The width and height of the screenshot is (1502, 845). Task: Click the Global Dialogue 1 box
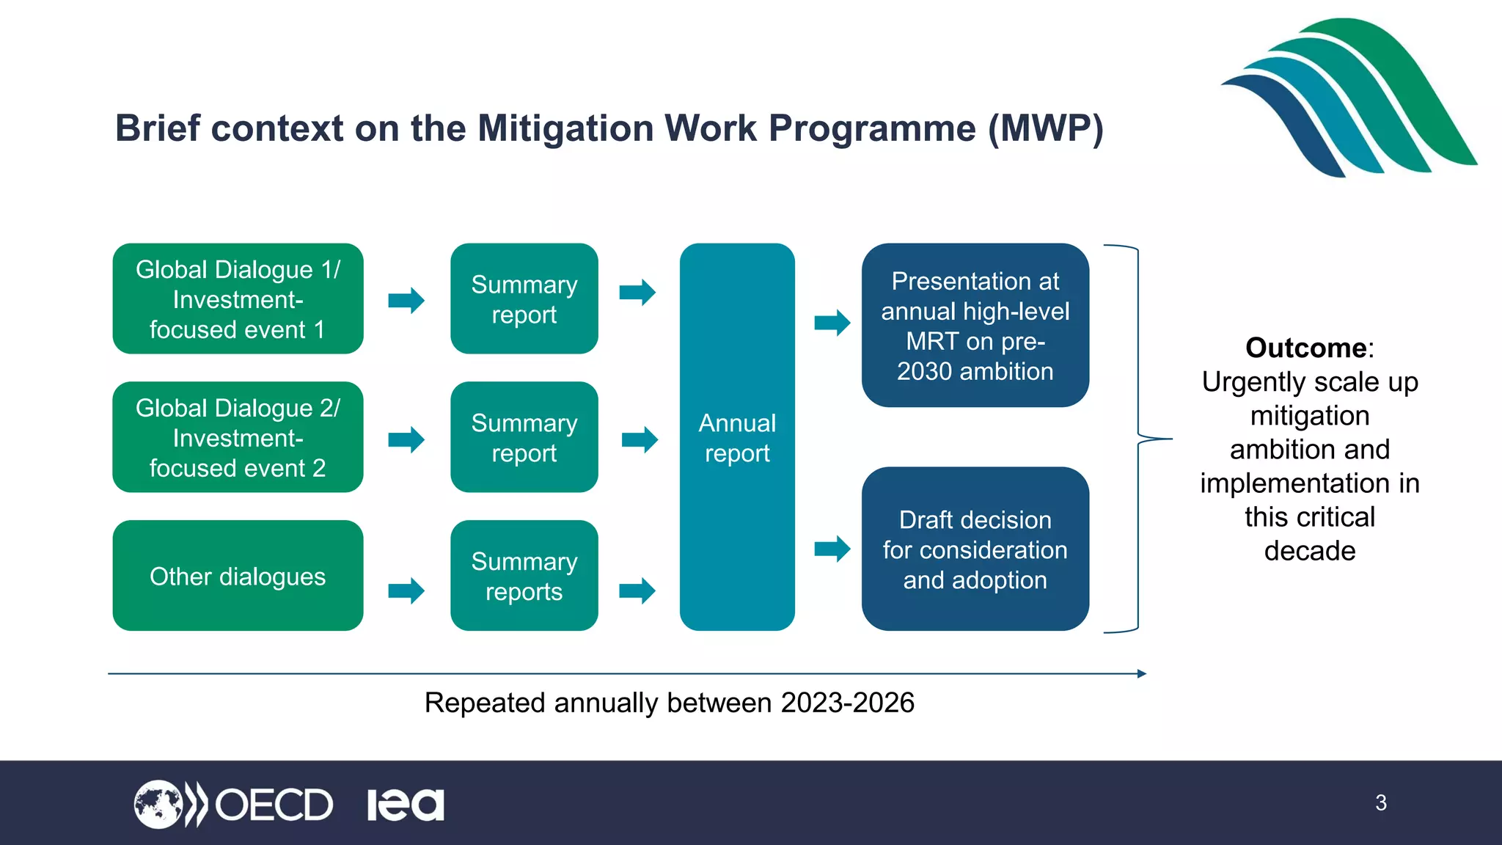tap(238, 299)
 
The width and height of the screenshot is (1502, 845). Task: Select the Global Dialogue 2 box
tap(238, 437)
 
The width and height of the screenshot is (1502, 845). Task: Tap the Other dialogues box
tap(238, 576)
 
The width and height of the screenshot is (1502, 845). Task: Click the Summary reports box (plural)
tap(524, 576)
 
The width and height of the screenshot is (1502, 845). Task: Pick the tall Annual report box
tap(737, 437)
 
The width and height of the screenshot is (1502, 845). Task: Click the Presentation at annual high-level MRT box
tap(975, 326)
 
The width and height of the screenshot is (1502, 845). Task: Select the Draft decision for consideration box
tap(975, 549)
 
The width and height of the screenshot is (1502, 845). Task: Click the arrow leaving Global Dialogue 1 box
tap(406, 300)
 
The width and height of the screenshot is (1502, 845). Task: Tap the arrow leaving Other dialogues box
tap(406, 590)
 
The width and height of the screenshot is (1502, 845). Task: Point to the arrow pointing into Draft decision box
tap(832, 549)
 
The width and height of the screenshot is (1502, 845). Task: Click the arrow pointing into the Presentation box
tap(832, 322)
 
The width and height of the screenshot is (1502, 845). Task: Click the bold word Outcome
tap(1305, 348)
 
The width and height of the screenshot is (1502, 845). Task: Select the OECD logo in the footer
tap(233, 805)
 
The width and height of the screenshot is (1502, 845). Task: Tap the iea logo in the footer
tap(406, 805)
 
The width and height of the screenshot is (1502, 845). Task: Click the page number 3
tap(1381, 802)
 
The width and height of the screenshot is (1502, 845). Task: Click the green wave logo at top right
tap(1349, 99)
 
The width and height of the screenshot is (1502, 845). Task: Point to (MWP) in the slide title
tap(1045, 128)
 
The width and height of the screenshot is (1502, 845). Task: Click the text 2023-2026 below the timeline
tap(847, 703)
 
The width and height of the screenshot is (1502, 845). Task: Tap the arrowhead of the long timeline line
tap(1141, 673)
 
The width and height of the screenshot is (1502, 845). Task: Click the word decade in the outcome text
tap(1310, 551)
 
